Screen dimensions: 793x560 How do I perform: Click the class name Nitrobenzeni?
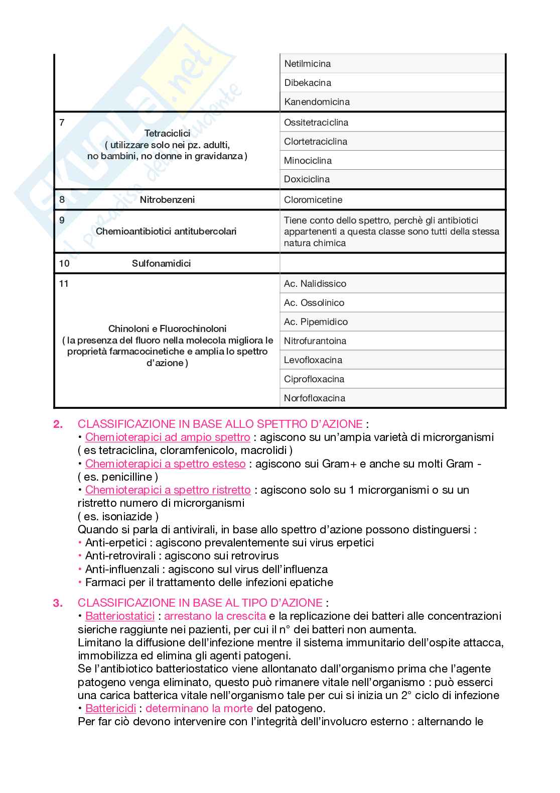(167, 200)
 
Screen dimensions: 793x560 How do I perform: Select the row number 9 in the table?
(62, 220)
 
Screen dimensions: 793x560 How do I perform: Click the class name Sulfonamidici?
(161, 264)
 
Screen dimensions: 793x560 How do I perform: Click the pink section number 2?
(58, 424)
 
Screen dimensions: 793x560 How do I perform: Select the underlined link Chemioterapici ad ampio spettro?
(168, 437)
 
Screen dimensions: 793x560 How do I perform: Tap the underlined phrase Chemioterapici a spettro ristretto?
(168, 490)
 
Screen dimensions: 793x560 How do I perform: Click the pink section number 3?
(58, 603)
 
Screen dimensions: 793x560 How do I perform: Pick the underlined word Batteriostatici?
(120, 616)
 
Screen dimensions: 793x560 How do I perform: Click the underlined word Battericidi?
(111, 709)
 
